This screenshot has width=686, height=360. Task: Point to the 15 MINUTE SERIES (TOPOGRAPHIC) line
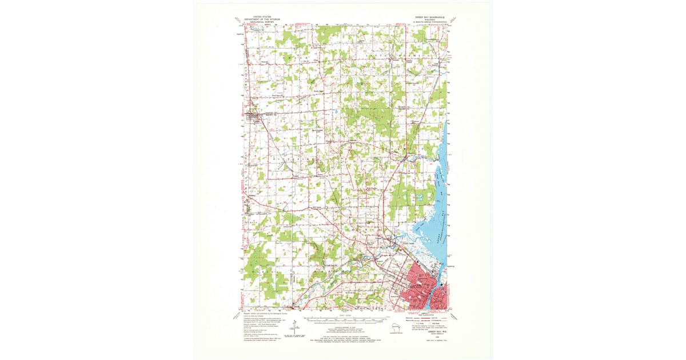click(x=426, y=22)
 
